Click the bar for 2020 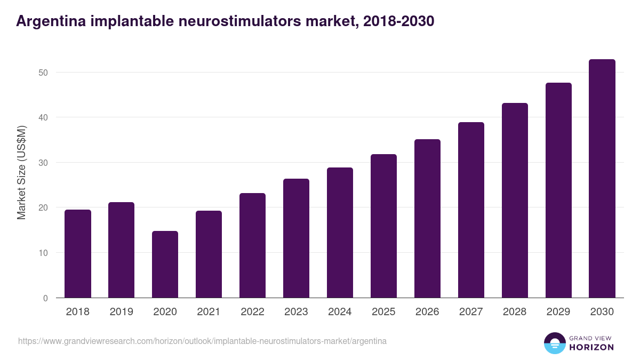(165, 265)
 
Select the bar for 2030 (602, 179)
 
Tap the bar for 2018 (78, 254)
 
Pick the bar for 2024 (340, 233)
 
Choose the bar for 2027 (471, 210)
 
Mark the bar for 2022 (252, 245)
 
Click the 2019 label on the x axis (122, 312)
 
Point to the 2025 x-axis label (383, 312)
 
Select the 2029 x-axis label (558, 312)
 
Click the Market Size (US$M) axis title (21, 172)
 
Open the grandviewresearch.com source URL (202, 341)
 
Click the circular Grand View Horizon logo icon (554, 343)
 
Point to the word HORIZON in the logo (591, 347)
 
